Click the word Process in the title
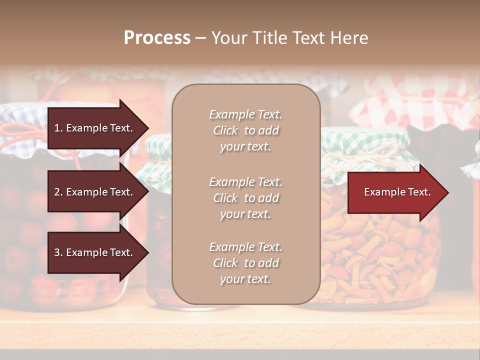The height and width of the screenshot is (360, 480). (x=157, y=38)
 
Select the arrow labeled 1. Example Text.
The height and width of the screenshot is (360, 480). (x=95, y=128)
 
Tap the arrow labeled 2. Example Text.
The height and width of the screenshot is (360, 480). (x=95, y=192)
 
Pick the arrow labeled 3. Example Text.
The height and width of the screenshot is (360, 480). (x=95, y=253)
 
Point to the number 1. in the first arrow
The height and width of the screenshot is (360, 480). (x=58, y=128)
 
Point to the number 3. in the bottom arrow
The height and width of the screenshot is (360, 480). (x=58, y=253)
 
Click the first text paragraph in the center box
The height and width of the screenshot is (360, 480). (x=245, y=130)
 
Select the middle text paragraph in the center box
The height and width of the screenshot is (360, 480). (x=245, y=198)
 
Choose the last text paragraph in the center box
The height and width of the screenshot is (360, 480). (x=245, y=263)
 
